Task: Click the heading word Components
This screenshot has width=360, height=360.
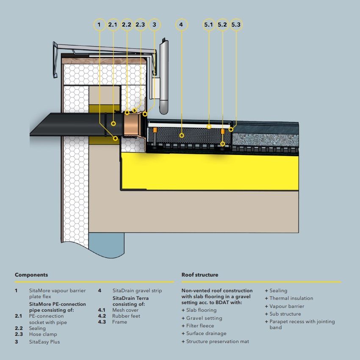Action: tap(31, 275)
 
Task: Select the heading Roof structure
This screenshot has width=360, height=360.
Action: tap(200, 275)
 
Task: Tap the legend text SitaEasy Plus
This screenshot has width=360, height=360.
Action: tap(44, 342)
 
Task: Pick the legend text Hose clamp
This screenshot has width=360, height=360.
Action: tap(44, 334)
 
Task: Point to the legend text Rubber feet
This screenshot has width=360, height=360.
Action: tap(126, 316)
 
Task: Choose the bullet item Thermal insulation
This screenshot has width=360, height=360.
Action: tap(291, 298)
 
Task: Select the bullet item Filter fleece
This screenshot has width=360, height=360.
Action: tap(200, 326)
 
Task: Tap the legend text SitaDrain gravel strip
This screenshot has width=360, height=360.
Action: tap(137, 291)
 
